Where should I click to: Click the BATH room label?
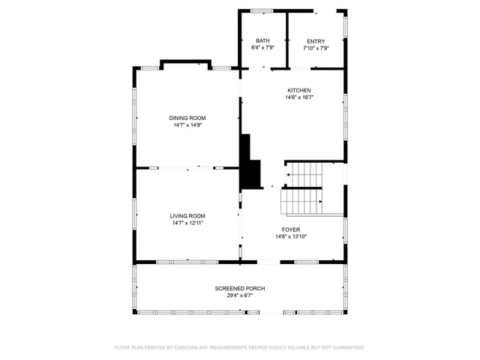click(x=262, y=40)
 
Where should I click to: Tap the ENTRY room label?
click(x=316, y=40)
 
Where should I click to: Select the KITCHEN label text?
click(x=298, y=90)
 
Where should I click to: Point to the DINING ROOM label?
click(x=187, y=118)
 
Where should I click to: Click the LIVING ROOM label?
click(x=187, y=215)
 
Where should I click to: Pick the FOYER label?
click(x=291, y=229)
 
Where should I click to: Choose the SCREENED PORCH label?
click(x=239, y=288)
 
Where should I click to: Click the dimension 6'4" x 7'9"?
click(x=262, y=47)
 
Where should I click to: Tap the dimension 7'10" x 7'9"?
click(x=316, y=47)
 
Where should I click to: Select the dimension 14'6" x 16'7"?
click(x=298, y=97)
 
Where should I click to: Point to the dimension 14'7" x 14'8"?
click(x=187, y=124)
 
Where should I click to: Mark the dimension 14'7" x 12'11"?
click(x=187, y=222)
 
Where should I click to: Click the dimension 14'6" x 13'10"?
click(x=291, y=236)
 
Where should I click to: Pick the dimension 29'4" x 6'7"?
click(x=239, y=295)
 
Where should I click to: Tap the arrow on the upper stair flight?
click(x=287, y=174)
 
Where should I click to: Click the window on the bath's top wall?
click(x=262, y=10)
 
